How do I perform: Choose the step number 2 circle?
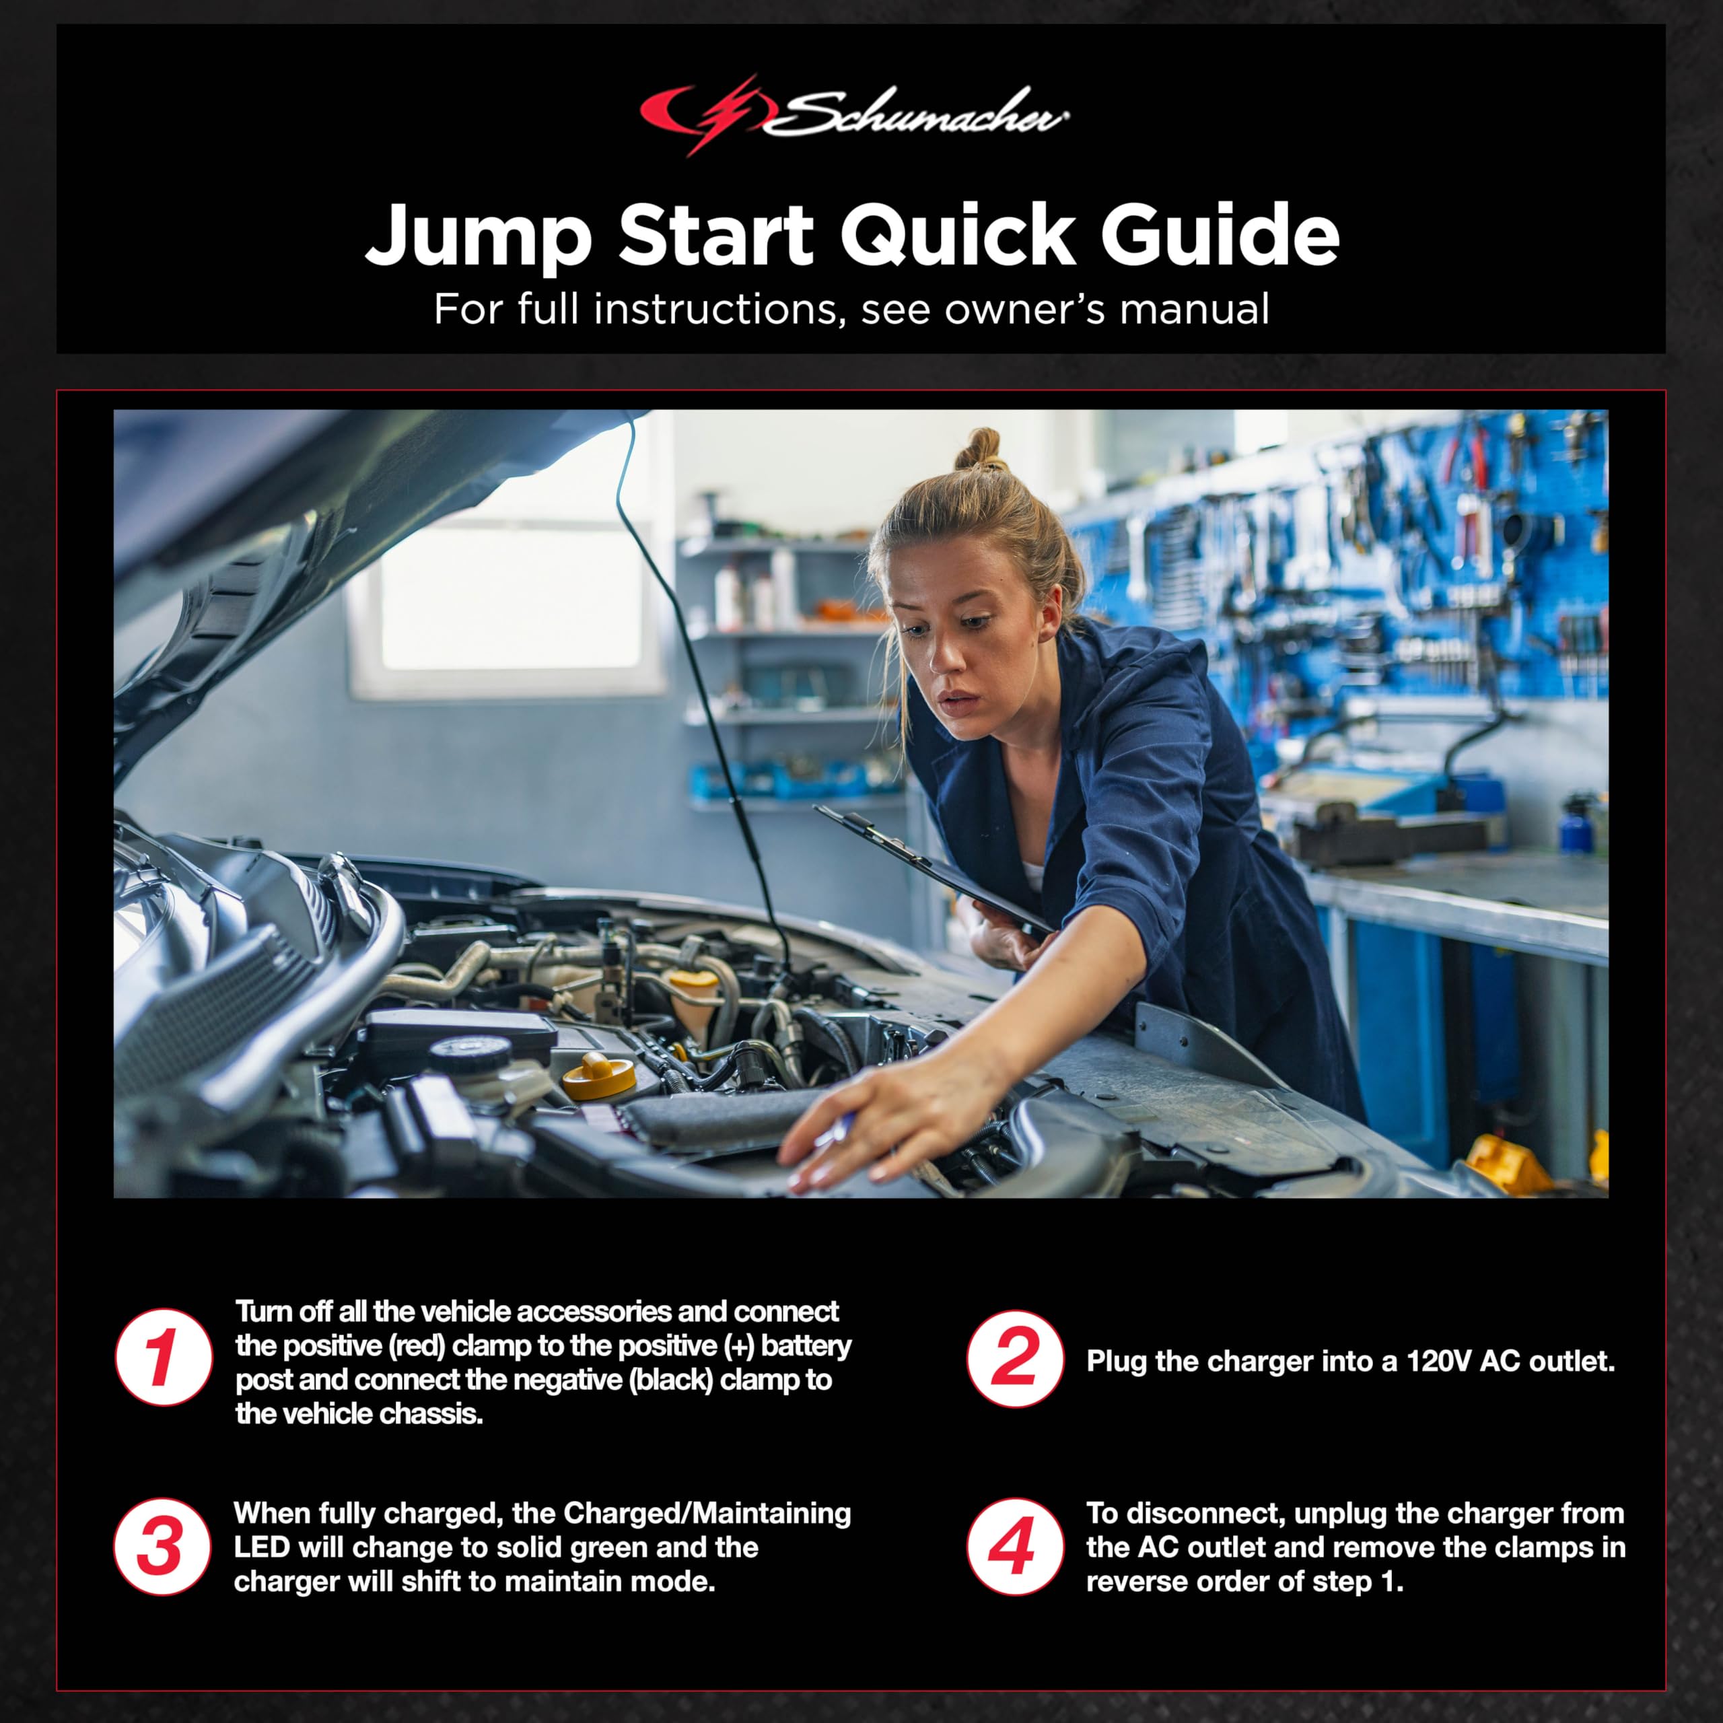tap(1015, 1358)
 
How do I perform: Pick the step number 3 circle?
tap(163, 1547)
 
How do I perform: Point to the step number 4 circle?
tap(1015, 1547)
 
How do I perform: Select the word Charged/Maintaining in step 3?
tap(707, 1514)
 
